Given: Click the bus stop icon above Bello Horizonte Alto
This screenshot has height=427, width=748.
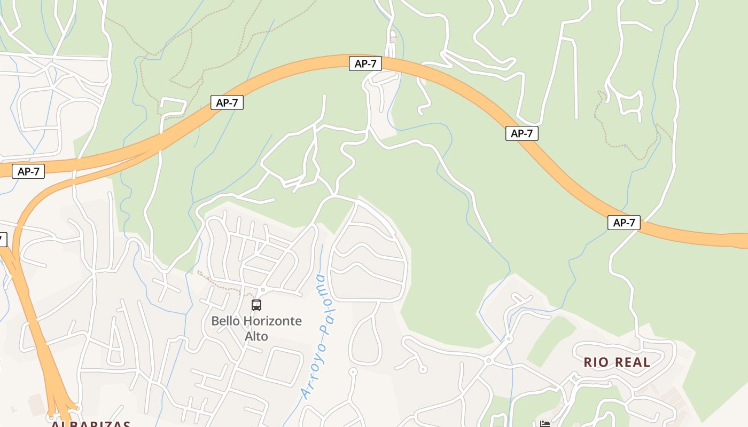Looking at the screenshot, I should [x=256, y=305].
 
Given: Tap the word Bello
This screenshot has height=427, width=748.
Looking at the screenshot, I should [x=225, y=321].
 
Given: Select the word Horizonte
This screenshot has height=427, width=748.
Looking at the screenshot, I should [x=272, y=321].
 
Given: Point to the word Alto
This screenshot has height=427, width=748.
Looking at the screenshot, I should [x=256, y=337].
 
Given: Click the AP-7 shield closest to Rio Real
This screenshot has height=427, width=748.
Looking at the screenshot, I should [x=624, y=223].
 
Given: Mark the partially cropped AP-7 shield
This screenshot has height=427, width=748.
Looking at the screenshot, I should [x=2, y=240].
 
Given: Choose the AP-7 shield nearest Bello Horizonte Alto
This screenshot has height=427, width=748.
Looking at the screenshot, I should [x=227, y=102].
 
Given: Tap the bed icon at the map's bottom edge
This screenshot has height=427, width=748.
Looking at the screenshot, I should [x=545, y=424].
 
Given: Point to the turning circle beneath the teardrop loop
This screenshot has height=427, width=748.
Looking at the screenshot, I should [x=353, y=371].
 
